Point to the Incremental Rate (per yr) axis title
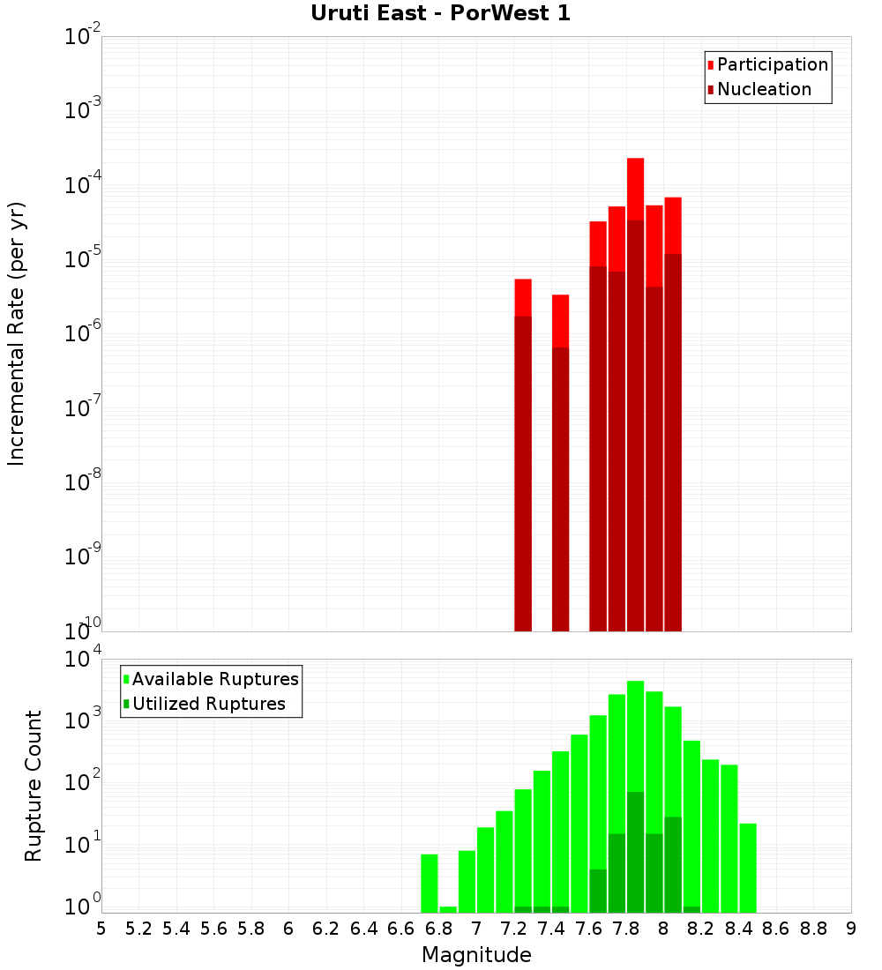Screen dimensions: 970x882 (17, 333)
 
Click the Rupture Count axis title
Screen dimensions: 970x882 (34, 785)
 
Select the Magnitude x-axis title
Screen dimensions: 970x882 (476, 955)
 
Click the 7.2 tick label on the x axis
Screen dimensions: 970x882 (513, 929)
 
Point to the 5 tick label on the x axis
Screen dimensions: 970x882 (101, 929)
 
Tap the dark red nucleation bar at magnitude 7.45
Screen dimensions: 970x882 (560, 489)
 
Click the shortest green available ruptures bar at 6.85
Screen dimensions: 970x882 (448, 909)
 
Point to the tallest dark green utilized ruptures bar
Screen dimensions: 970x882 (635, 852)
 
